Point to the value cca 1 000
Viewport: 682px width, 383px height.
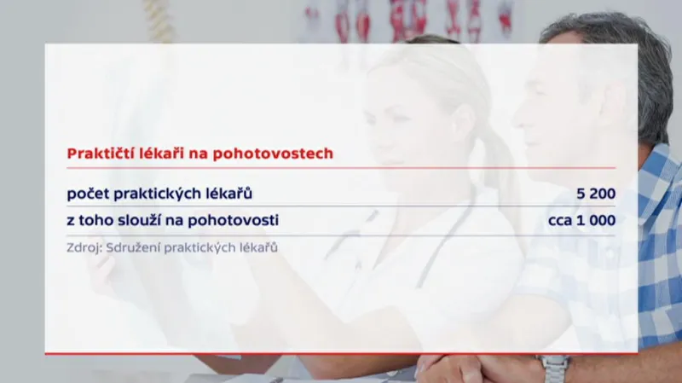[581, 220]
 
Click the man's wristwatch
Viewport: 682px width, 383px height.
[555, 368]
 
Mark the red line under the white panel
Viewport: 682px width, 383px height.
[341, 352]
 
